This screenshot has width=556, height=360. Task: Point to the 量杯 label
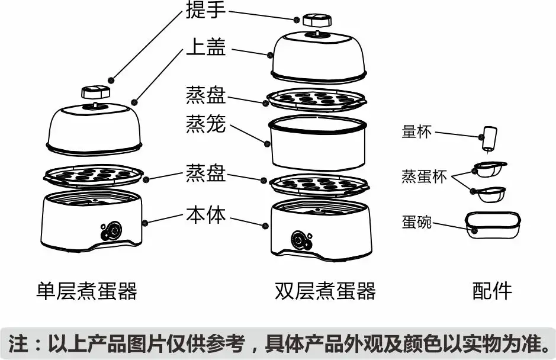417,131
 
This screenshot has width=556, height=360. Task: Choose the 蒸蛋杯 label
424,176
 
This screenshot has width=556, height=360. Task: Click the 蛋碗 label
417,223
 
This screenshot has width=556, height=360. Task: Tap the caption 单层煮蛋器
86,291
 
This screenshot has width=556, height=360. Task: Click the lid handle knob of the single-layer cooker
95,93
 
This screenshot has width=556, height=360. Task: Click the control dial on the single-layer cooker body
111,229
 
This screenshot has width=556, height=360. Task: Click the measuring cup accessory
488,139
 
